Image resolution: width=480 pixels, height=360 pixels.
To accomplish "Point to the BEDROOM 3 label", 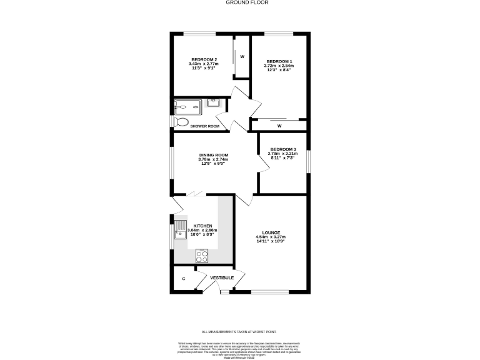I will click(x=282, y=149).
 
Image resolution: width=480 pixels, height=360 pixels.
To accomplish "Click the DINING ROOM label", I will click(x=214, y=155).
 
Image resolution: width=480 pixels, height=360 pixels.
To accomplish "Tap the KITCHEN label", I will click(x=202, y=226).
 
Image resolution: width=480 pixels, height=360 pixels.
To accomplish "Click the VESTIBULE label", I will click(x=222, y=277).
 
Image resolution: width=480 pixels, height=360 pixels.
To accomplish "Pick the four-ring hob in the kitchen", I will click(x=202, y=255).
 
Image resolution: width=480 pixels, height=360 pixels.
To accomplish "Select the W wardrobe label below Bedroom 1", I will click(x=279, y=126).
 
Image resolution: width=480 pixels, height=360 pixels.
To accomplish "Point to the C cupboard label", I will click(x=183, y=279).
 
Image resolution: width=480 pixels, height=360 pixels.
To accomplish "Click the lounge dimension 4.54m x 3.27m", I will click(x=271, y=237).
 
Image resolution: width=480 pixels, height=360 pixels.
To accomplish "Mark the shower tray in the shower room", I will click(x=188, y=106).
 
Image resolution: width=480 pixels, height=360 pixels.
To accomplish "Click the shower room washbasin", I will click(x=213, y=102).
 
